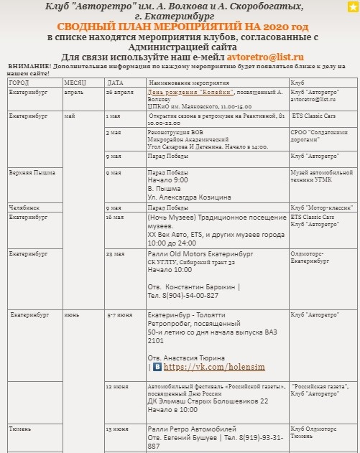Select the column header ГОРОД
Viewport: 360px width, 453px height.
click(19, 83)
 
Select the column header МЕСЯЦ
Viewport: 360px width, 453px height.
click(74, 83)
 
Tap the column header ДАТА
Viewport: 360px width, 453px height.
click(114, 83)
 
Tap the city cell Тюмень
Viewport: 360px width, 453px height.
click(20, 429)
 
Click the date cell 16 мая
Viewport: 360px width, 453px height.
click(115, 216)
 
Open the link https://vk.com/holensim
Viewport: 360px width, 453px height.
click(204, 367)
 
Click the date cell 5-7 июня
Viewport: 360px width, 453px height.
click(119, 314)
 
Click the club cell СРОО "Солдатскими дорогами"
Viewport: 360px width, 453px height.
click(319, 136)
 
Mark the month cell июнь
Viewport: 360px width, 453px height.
click(72, 314)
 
